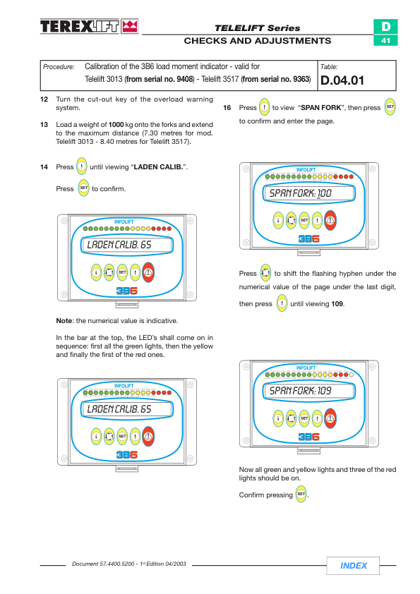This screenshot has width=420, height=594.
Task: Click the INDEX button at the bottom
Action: pos(353,566)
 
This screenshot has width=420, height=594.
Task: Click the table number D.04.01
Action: pos(342,80)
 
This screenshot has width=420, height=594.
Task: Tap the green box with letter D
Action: pos(385,27)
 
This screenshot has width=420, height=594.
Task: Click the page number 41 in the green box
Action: pos(385,40)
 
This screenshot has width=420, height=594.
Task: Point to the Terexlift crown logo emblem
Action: pos(130,26)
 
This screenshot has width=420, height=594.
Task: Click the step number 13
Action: pos(44,125)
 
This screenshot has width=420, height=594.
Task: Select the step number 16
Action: pos(227,108)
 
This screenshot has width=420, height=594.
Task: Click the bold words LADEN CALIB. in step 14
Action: pos(158,166)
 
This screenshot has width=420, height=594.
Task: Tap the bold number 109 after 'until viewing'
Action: pos(337,304)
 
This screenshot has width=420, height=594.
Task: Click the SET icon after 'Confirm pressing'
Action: pos(301,494)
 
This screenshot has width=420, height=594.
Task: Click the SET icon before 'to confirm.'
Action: pos(83,188)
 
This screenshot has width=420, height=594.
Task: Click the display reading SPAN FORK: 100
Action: pos(309,193)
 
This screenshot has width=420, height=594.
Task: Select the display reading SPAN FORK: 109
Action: pos(309,391)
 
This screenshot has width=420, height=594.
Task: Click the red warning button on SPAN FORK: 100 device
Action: pos(330,220)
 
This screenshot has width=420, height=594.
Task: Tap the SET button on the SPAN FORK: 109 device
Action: pos(304,418)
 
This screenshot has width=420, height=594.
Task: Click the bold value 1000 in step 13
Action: pos(116,125)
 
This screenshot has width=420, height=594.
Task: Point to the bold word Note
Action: pos(64,321)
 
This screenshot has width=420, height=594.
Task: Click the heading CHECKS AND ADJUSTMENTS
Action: pos(258,41)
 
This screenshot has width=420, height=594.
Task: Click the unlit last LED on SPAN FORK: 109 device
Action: pos(351,375)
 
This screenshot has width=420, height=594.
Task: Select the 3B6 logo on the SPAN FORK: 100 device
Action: pos(309,238)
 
